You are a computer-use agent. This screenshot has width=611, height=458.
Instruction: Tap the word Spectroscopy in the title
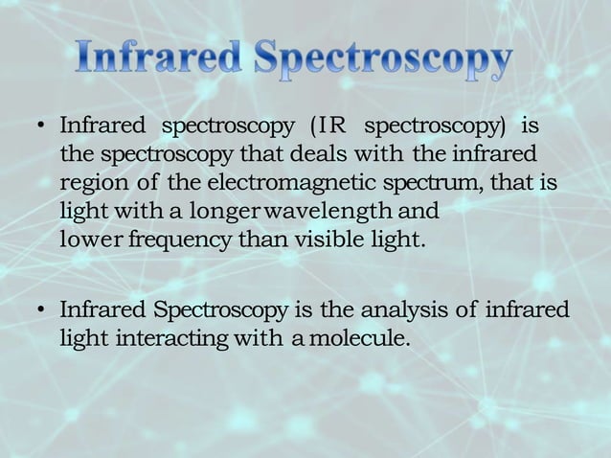(383, 60)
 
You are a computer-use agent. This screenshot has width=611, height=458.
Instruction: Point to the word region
(88, 182)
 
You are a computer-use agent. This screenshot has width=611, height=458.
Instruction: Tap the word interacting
(174, 338)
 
